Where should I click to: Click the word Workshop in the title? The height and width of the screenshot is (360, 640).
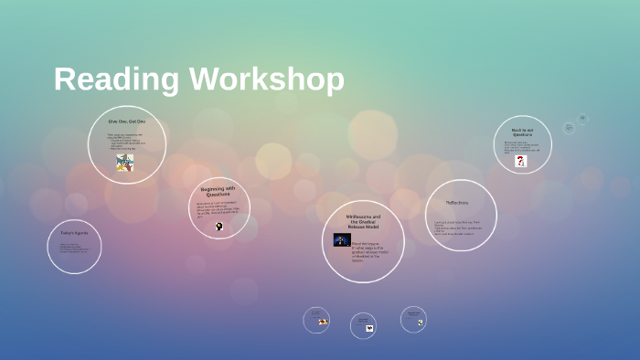coord(267,80)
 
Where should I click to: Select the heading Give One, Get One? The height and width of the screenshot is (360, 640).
coord(126,122)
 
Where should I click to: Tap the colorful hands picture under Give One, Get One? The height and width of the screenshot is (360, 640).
coord(125,163)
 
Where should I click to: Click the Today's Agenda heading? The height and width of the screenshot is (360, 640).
coord(74,233)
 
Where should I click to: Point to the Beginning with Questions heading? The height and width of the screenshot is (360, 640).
coord(218,192)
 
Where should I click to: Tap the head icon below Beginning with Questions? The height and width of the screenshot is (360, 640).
coord(219,226)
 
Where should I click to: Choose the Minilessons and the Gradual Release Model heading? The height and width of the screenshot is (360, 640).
coord(363,221)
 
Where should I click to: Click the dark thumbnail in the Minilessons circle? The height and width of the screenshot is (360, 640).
coord(342,240)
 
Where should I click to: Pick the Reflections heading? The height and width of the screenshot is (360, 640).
coord(457,202)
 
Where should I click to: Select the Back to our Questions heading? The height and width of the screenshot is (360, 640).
coord(523,132)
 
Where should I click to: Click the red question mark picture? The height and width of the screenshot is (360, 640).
coord(521,161)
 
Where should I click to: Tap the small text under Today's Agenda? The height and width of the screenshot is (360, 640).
coord(74,248)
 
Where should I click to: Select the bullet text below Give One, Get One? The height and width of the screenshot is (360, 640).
coord(126,142)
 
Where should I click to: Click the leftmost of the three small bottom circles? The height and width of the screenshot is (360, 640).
coord(316,320)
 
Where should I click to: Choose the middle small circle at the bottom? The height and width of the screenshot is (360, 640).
coord(363,325)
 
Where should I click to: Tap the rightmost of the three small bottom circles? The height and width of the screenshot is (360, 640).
coord(413,319)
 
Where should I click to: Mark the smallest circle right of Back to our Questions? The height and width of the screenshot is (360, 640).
coord(582,119)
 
